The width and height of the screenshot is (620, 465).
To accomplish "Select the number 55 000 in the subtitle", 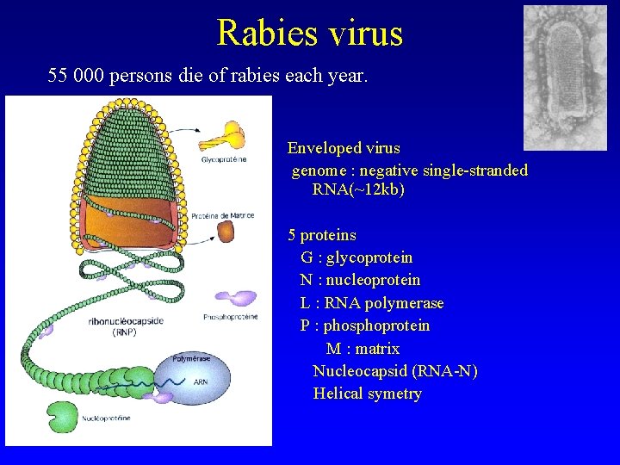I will (x=84, y=76).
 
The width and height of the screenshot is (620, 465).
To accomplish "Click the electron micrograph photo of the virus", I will (x=565, y=77).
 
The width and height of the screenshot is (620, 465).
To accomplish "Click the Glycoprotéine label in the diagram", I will (x=225, y=160).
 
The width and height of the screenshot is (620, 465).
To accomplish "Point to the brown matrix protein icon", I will (x=226, y=232).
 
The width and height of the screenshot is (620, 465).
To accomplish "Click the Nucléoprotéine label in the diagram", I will (x=107, y=418).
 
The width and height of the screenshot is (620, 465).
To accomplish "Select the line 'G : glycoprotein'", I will (x=356, y=257).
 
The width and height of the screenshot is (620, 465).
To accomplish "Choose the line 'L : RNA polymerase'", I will (x=371, y=303).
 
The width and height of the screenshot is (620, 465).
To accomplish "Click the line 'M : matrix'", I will (x=363, y=349).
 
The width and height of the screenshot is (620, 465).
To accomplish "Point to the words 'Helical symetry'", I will (x=367, y=394).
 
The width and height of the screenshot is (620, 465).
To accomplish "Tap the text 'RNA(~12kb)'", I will (x=357, y=189).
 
